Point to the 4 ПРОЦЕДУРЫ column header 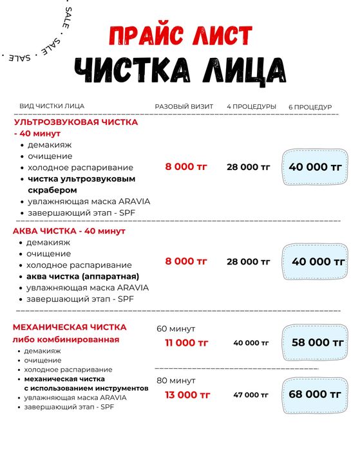[251, 106]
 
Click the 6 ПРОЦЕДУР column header [310, 106]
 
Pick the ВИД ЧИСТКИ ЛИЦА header [52, 106]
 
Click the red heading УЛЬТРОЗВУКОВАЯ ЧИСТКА [76, 121]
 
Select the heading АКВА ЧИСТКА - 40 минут [69, 230]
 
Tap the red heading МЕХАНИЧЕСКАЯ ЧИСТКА [70, 327]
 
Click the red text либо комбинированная [66, 339]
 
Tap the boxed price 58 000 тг [316, 342]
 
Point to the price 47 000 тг [251, 395]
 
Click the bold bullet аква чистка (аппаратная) [79, 276]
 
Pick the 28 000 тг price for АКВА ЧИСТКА [249, 261]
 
